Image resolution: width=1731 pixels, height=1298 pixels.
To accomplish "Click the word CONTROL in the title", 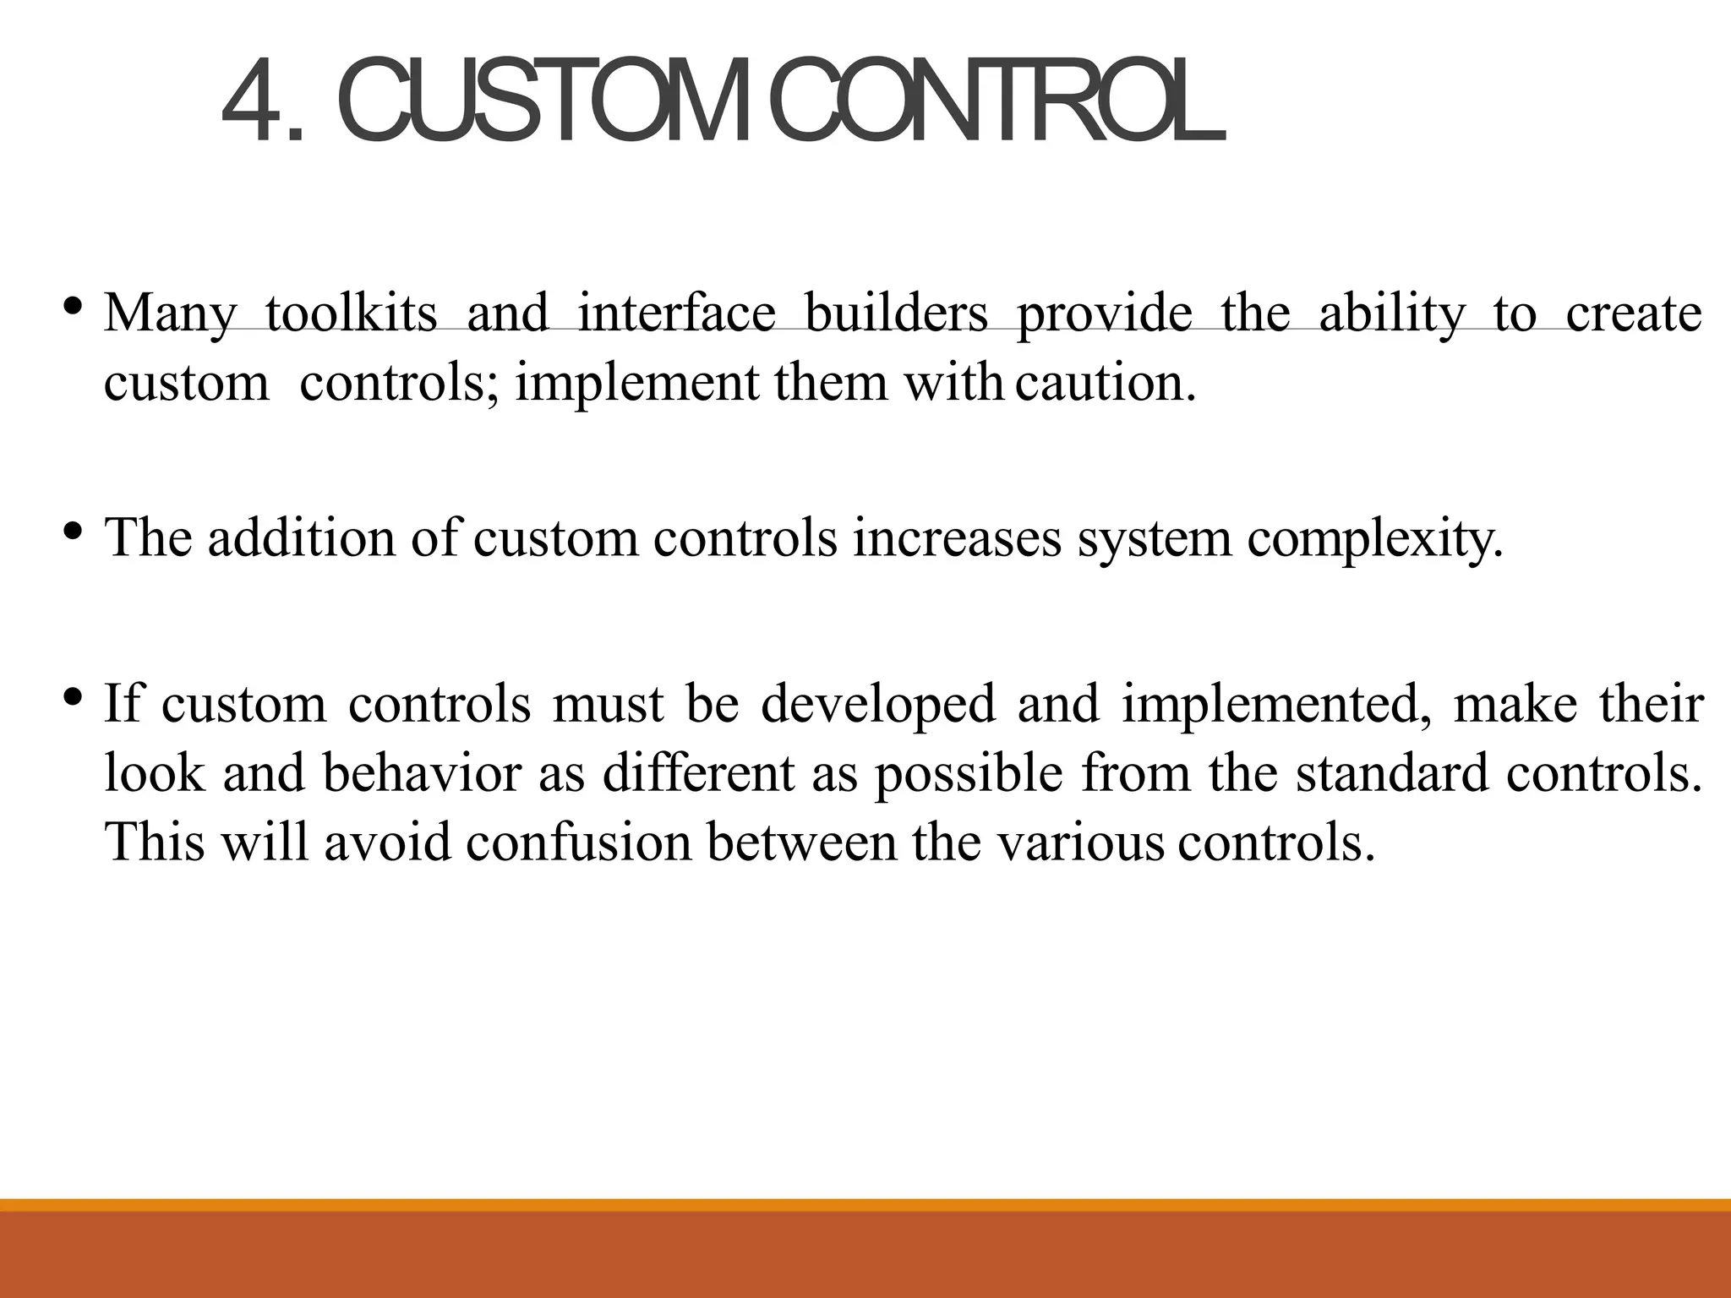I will point(997,103).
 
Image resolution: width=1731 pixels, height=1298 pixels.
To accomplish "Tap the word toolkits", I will point(351,314).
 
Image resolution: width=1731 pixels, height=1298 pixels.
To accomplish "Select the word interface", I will point(676,314).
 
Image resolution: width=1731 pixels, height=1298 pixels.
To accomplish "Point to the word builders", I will point(896,314).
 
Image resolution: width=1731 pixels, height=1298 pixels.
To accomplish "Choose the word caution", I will point(1106,383).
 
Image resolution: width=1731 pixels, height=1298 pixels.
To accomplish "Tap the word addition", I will point(301,537).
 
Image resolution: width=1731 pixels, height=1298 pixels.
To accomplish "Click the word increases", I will point(957,537).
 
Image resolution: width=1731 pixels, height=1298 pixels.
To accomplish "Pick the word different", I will point(698,773).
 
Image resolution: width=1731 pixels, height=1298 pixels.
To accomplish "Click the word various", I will point(1081,843).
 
